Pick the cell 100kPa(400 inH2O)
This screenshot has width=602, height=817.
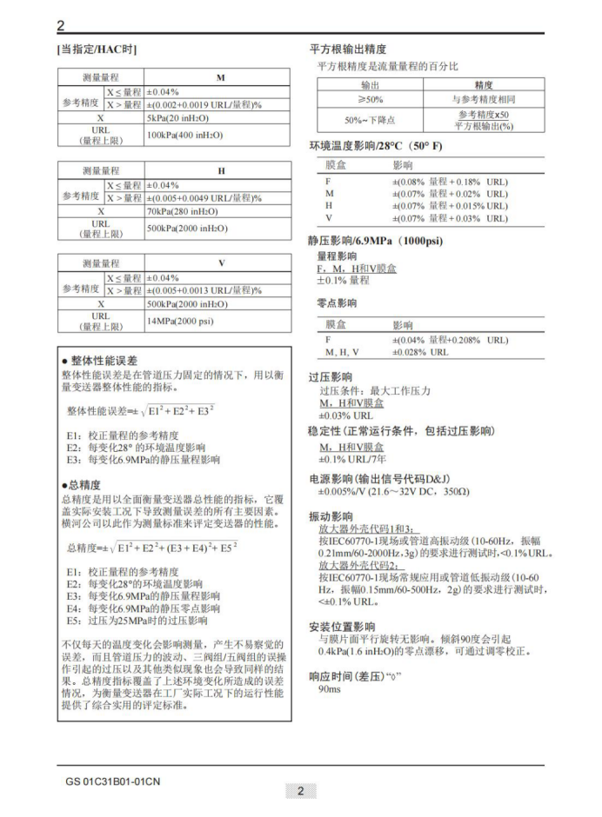pos(184,135)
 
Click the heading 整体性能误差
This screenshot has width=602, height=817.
pos(104,360)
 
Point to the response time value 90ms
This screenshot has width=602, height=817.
pos(330,688)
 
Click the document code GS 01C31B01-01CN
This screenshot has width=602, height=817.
pos(112,780)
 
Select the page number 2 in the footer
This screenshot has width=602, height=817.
pos(300,791)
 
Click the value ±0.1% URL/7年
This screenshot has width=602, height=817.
pos(352,458)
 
